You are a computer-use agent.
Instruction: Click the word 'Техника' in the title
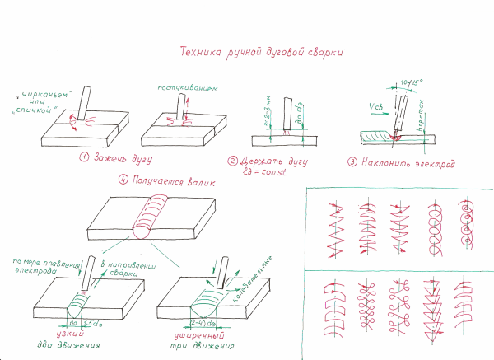click(198, 52)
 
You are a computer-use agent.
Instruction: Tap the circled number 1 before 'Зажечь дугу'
click(84, 157)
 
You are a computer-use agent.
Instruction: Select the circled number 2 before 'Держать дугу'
click(233, 161)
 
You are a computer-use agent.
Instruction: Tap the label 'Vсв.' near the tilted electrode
click(374, 106)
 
